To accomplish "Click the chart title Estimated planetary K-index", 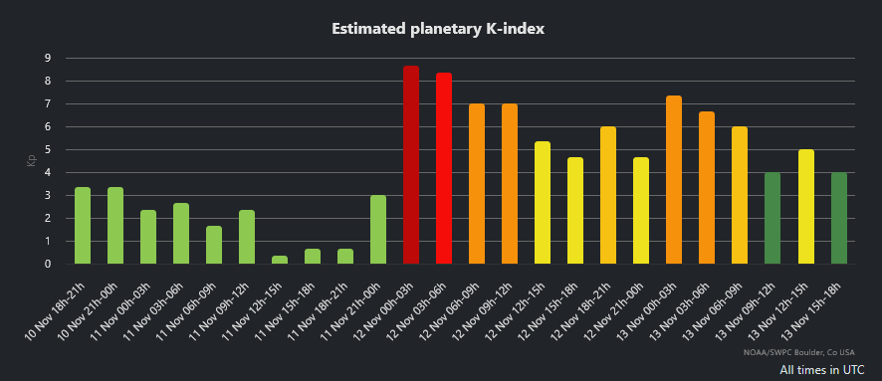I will tap(440, 29).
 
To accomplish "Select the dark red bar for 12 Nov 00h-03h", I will tap(411, 165).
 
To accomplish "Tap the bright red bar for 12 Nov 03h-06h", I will tap(444, 169).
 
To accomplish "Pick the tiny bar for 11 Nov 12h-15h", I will tap(280, 260).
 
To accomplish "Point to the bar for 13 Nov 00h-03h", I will tap(674, 180).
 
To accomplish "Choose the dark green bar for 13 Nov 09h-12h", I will tap(772, 218).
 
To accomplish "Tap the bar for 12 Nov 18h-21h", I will tap(608, 195).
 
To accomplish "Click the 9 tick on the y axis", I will tap(47, 58).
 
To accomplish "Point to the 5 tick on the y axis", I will tap(47, 149).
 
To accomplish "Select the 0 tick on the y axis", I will tap(47, 264).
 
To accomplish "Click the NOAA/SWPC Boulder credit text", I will tap(806, 351).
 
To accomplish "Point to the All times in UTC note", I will tap(821, 369).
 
